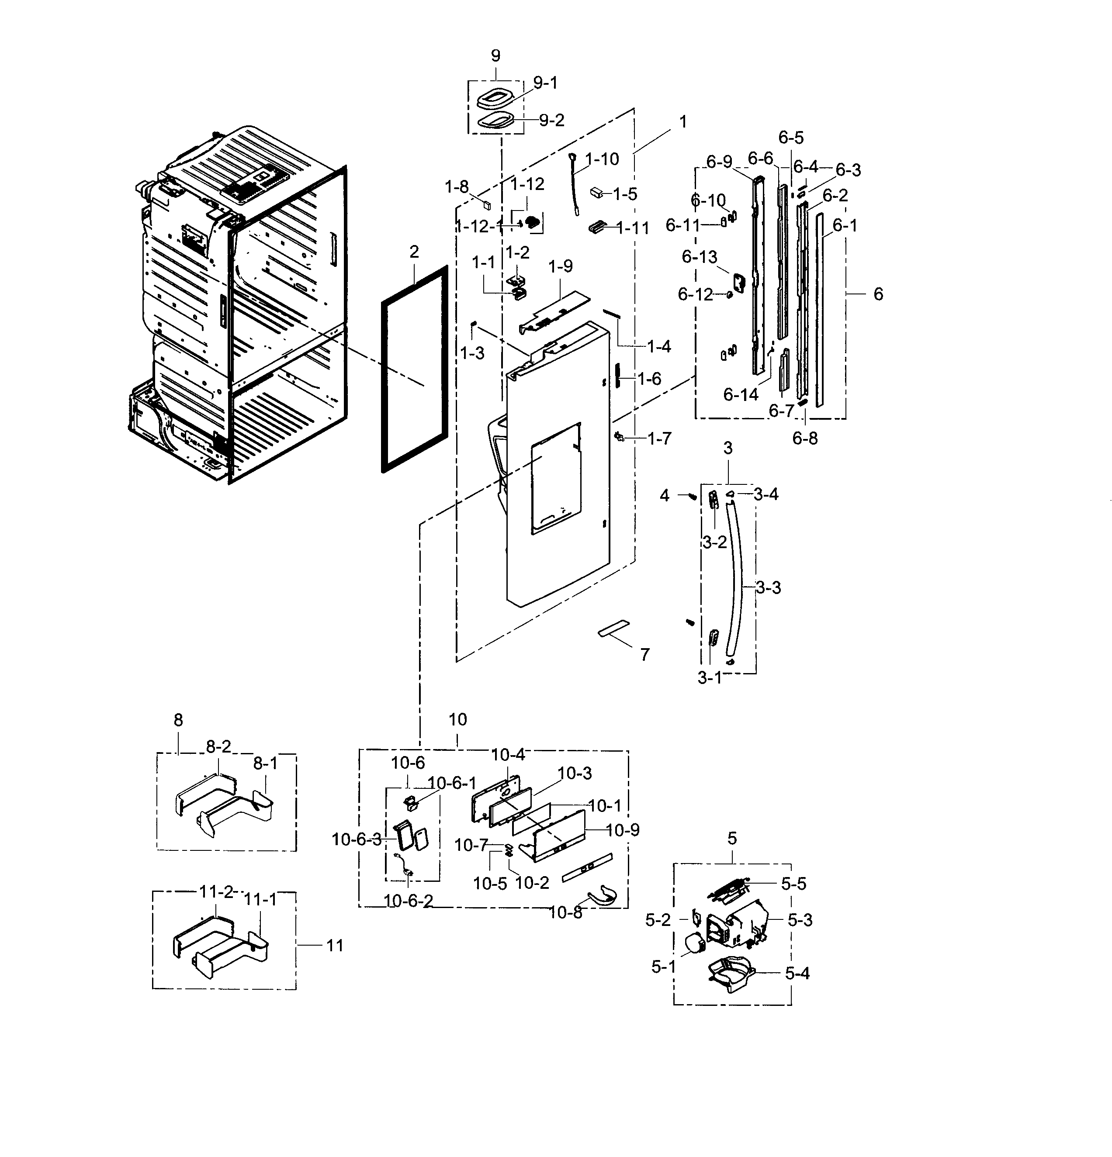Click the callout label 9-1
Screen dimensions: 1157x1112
point(545,83)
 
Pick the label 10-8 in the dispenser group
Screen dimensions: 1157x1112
point(565,912)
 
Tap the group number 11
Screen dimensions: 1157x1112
point(335,946)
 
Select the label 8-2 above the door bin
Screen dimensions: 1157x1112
point(218,747)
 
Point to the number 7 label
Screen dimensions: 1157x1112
point(645,654)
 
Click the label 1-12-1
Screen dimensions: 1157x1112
point(479,226)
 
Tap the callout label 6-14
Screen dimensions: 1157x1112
point(741,395)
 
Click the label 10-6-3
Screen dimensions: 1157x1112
point(356,839)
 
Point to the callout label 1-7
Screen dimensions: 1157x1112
point(659,439)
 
